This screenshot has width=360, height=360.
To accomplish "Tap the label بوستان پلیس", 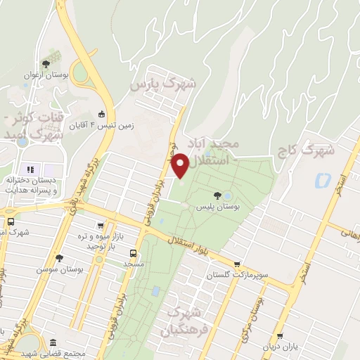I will point(219,208).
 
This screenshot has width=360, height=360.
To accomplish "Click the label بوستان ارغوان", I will point(46,74).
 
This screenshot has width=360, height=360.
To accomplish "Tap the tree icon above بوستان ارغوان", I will point(46,63).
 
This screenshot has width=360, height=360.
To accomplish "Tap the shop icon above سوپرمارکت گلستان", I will point(236,265).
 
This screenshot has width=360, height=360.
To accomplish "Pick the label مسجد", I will point(133,264).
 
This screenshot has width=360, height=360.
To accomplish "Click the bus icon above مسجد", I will point(133,252).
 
